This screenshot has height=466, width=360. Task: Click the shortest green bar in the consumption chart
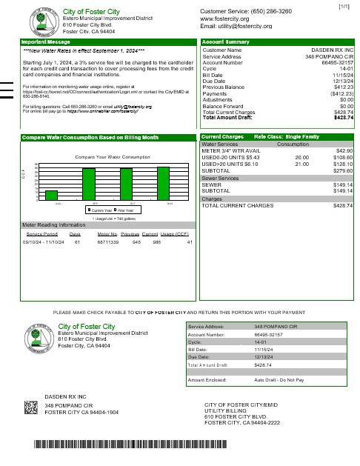coord(52,195)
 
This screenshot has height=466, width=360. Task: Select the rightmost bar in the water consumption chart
coord(163,183)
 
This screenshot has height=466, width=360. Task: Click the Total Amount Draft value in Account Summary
coord(344,118)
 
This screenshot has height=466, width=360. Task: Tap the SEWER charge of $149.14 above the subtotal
coord(343,184)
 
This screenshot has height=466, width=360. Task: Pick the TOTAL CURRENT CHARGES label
coord(237,205)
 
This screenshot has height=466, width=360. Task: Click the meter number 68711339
coord(108,242)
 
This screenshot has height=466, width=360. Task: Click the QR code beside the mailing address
coord(31,407)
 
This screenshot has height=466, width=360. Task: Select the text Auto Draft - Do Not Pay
coord(279,379)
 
